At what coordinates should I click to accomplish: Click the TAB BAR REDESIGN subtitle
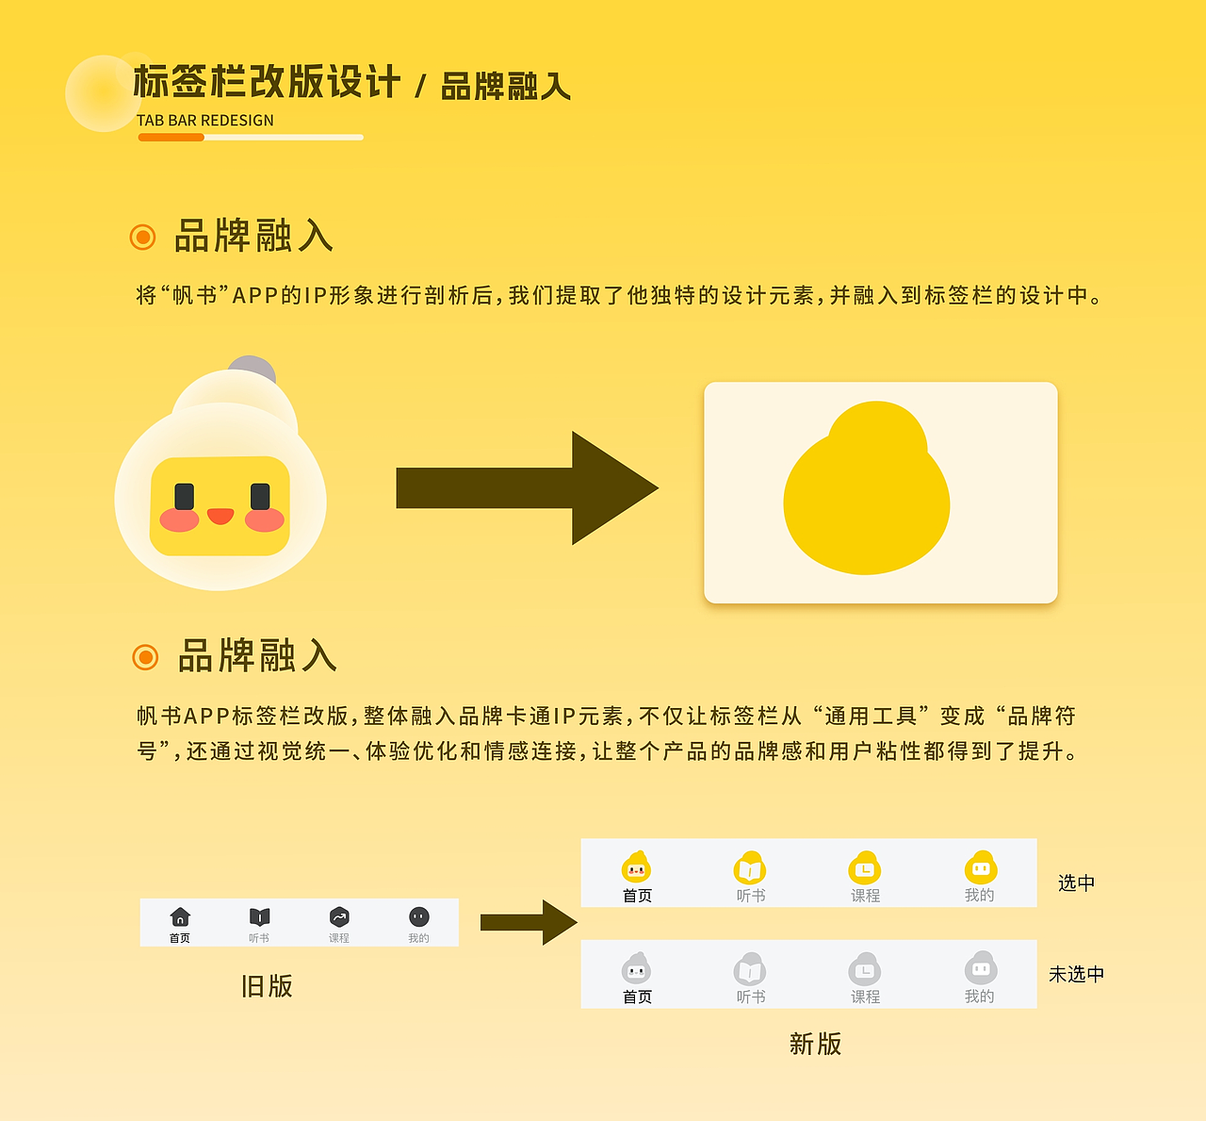[205, 121]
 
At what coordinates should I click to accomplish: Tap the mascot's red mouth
[220, 516]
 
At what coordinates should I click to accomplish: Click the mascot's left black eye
[185, 496]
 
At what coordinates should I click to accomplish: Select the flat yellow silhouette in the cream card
[867, 492]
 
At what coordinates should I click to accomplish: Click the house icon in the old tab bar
[180, 916]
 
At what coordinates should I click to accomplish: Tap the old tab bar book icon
[259, 916]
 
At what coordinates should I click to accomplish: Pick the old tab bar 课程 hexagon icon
[339, 916]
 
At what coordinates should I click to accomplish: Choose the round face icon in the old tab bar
[419, 916]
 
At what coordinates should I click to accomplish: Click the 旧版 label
[267, 986]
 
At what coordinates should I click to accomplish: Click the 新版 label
[815, 1044]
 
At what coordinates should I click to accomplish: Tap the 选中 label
[1076, 883]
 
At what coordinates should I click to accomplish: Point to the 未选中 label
[1076, 975]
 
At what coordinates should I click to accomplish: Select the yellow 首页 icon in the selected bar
[637, 867]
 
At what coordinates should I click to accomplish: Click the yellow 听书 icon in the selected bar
[750, 867]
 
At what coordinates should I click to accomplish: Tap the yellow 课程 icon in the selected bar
[865, 867]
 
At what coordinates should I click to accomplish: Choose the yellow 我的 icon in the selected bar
[980, 867]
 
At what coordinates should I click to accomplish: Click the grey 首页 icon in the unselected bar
[637, 968]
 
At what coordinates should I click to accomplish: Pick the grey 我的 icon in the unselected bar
[980, 968]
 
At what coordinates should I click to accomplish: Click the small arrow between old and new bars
[528, 922]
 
